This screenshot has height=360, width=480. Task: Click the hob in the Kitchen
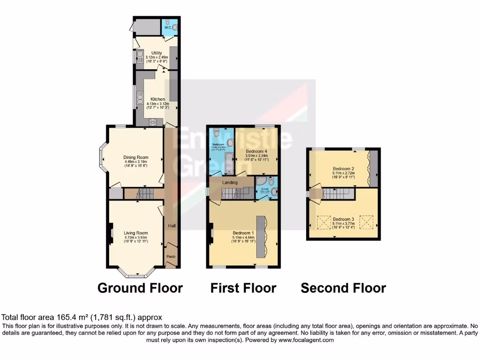(152, 122)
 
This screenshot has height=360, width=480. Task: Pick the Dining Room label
(135, 157)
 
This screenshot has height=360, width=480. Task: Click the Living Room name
(135, 233)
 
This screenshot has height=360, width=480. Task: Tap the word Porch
(172, 257)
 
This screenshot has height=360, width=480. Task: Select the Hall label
(172, 226)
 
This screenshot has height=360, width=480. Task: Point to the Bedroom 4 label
(256, 151)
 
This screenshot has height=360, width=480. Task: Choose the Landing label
(230, 182)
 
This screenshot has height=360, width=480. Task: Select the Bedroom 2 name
(343, 168)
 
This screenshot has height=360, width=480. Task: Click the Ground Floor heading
(140, 288)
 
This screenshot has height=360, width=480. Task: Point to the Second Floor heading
(343, 288)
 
